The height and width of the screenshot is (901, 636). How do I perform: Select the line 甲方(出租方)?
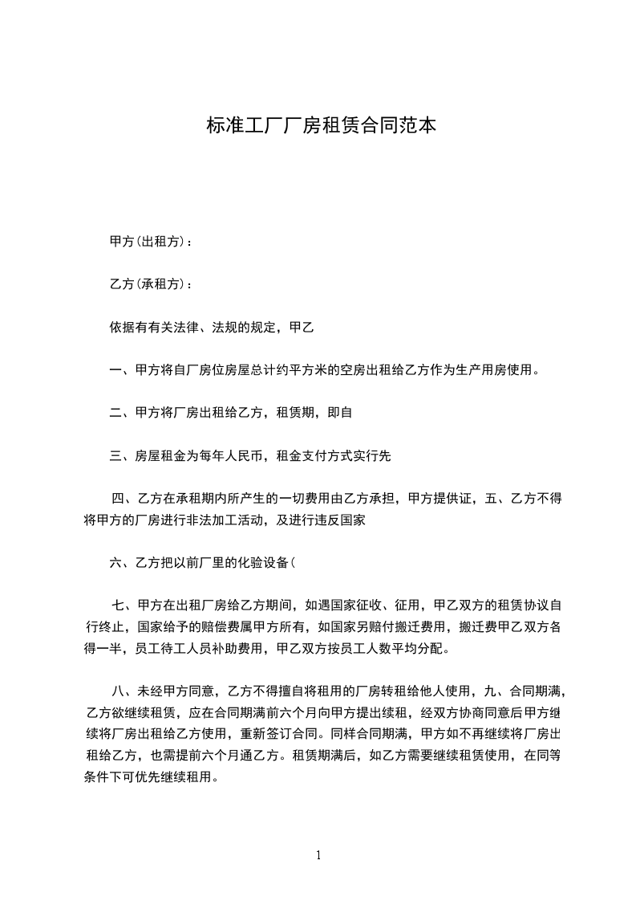coord(151,241)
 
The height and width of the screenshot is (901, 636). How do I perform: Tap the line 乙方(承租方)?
coord(151,284)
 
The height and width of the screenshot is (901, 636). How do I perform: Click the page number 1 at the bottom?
coord(318,855)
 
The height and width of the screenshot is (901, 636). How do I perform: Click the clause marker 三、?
coord(122,456)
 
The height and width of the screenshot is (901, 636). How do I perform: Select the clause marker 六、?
coord(122,564)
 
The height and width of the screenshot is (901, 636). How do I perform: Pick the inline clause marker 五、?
coord(498,499)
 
